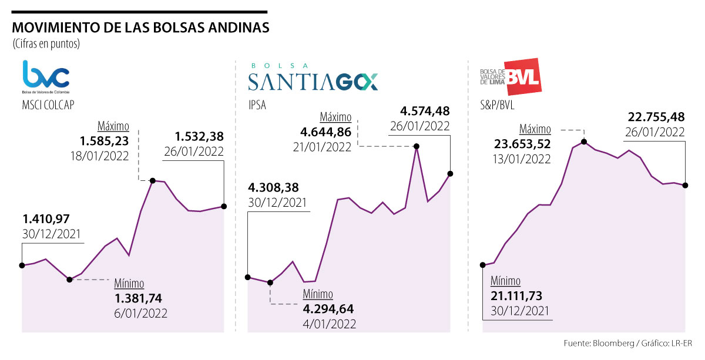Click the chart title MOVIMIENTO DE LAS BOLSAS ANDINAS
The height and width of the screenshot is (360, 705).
click(141, 28)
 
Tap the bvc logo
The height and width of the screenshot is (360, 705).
click(46, 75)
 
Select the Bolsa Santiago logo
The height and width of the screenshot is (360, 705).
click(313, 78)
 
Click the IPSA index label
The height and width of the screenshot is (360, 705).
click(256, 106)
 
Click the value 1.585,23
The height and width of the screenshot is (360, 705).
click(103, 141)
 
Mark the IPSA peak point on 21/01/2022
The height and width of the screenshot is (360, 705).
click(417, 146)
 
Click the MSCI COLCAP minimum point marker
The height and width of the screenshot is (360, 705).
click(69, 280)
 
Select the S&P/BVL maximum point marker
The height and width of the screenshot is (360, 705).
click(584, 142)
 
